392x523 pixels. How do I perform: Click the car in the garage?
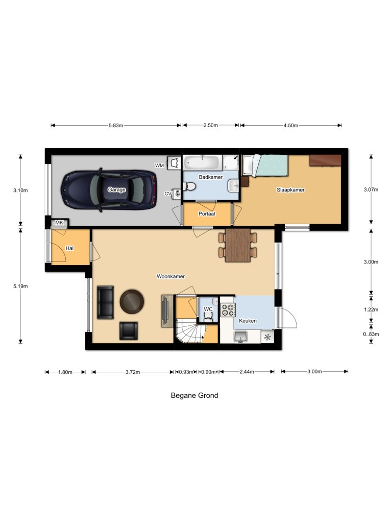108,189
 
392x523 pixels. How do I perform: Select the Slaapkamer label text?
290,189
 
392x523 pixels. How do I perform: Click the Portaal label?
207,214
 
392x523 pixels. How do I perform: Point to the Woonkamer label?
170,276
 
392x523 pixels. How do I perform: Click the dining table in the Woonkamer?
238,245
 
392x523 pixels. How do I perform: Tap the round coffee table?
132,301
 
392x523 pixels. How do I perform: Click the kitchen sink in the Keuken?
241,337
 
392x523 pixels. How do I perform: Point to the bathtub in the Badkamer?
203,162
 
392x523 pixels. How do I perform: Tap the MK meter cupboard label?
59,223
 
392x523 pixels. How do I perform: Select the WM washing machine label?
160,165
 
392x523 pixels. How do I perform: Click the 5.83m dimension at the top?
115,126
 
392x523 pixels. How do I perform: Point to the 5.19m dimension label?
20,286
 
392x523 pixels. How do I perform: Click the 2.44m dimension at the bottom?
247,372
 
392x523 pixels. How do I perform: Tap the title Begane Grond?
194,395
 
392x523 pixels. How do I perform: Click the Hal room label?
70,248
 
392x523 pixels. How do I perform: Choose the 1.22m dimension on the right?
371,310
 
